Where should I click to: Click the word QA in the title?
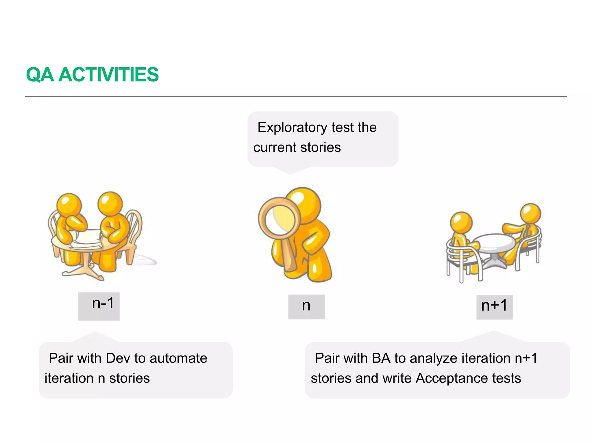click(x=40, y=75)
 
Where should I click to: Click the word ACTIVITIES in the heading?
click(x=109, y=75)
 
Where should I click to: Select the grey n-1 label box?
click(x=99, y=306)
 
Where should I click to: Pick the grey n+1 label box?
click(x=494, y=307)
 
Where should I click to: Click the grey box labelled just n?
click(x=306, y=307)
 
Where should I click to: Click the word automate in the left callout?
click(x=178, y=358)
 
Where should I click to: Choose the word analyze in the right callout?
click(x=433, y=359)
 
